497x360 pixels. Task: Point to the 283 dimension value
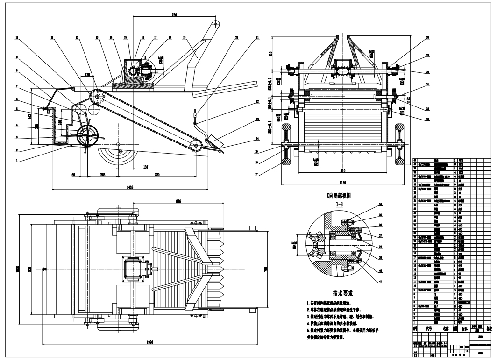[x=103, y=175]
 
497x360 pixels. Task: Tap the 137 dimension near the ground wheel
[x=146, y=166]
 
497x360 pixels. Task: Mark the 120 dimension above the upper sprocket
[x=87, y=74]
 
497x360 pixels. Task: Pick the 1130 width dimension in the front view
[x=344, y=182]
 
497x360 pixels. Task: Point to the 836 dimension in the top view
[x=178, y=202]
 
